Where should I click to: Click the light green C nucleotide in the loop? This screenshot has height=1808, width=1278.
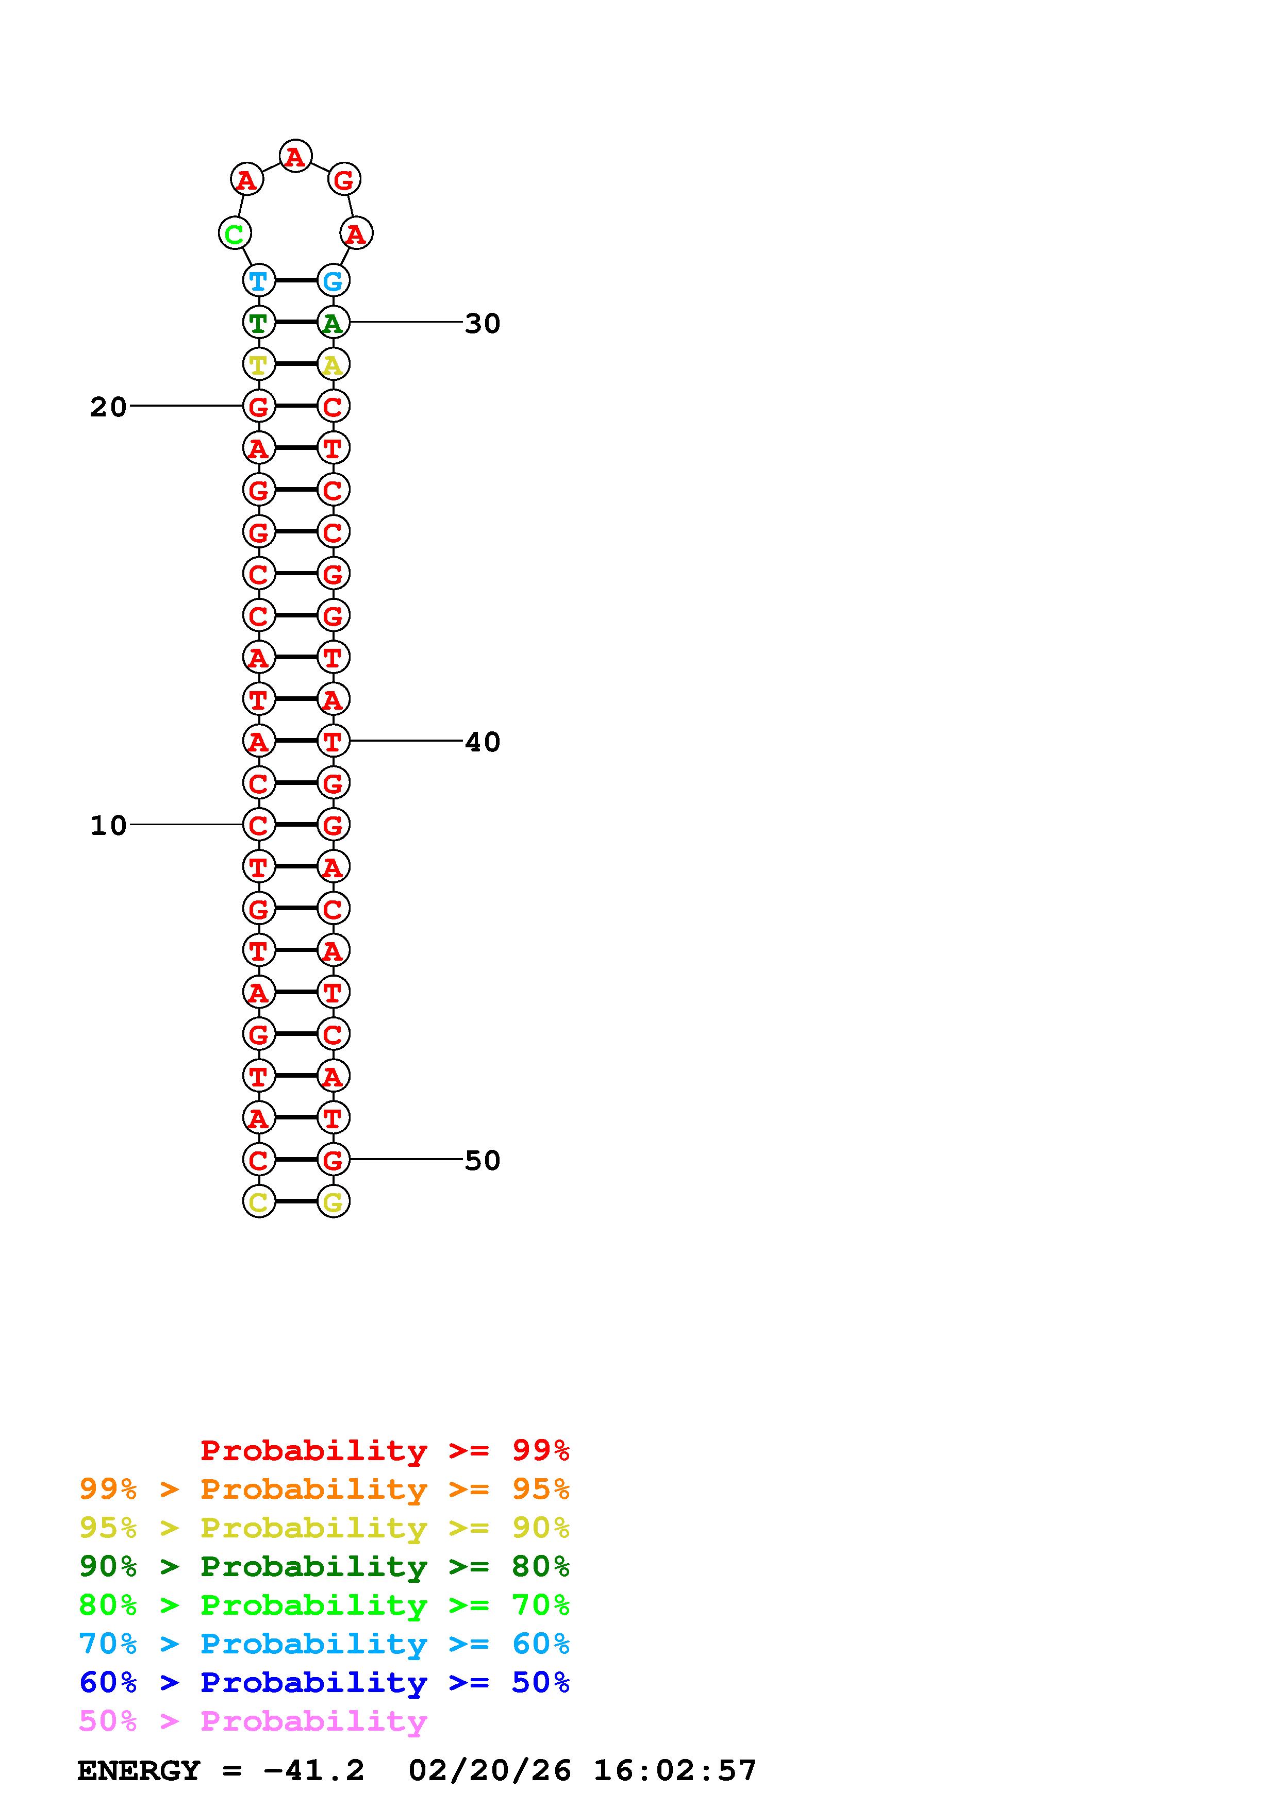(x=234, y=234)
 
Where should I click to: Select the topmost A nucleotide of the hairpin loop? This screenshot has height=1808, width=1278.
(x=295, y=156)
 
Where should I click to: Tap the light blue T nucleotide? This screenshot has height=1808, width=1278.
(x=258, y=280)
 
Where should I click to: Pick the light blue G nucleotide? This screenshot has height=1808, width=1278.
(x=333, y=280)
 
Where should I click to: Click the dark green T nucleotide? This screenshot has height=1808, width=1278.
(x=258, y=322)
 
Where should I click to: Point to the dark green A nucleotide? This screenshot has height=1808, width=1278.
(x=333, y=322)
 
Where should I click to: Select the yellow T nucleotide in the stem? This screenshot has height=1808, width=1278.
(x=258, y=364)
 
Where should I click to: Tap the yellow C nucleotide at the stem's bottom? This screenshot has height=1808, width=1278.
(x=258, y=1202)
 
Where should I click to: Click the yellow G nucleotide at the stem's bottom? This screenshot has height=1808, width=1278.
(x=333, y=1202)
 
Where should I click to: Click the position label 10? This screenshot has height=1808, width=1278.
(x=108, y=825)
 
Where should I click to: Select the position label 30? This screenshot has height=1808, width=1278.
(x=482, y=323)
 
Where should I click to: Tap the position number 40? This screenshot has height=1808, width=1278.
(x=482, y=742)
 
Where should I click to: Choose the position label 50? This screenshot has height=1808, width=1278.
(x=482, y=1160)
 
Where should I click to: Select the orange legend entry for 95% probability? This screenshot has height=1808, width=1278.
(x=324, y=1488)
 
